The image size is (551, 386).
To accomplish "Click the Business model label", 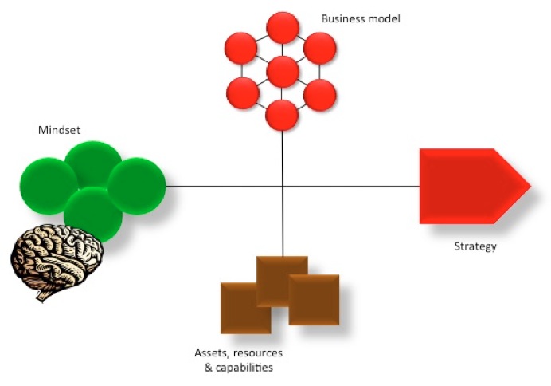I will pos(360,18).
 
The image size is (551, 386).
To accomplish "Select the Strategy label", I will pos(475,246).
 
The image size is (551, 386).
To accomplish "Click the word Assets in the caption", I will pos(210,353).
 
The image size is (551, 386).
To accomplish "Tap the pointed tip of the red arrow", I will pos(528,186).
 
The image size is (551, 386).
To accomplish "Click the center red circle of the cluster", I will pos(283,72).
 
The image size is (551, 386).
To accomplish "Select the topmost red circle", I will pos(283,28).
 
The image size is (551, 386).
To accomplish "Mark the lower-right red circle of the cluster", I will pos(320,93).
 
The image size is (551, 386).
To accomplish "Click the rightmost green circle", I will pos(136,186).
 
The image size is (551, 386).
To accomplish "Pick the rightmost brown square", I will pos(315,299).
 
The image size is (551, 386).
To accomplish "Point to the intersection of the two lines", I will pos(283,187).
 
